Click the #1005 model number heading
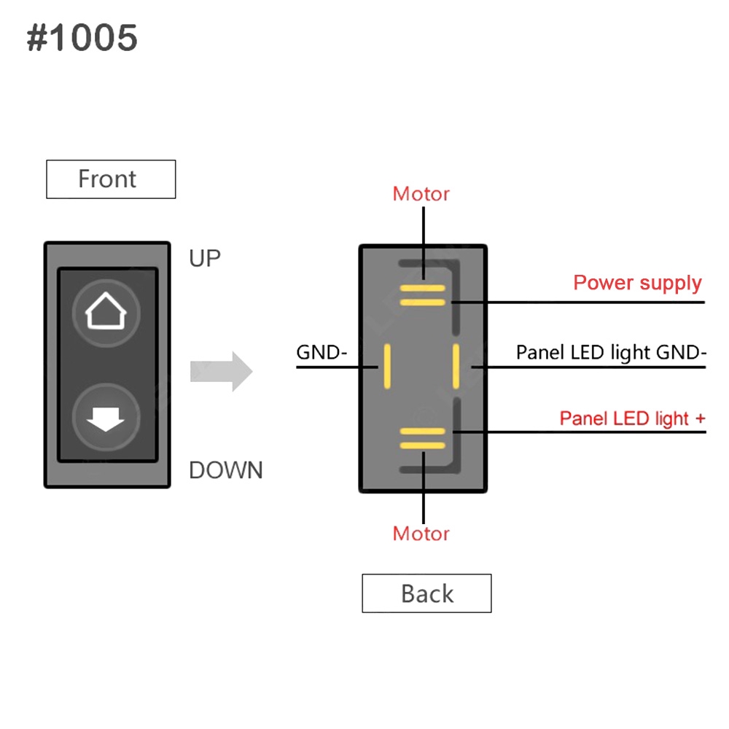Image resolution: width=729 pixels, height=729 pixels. pos(82,38)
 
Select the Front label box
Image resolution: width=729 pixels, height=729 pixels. pos(111,179)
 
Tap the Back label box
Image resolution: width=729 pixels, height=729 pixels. pos(426,593)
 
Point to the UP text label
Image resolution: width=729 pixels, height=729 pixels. pos(204,258)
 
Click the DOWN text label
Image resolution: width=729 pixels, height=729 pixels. pos(225,470)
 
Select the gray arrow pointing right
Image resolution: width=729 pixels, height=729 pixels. pos(221,372)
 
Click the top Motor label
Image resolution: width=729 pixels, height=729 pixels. pos(421,194)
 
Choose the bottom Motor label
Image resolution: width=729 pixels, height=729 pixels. pos(421,534)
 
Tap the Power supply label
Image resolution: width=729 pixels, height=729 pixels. pos(637,283)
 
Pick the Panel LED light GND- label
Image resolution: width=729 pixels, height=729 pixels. pos(611,353)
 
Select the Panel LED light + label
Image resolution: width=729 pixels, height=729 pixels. pos(632,418)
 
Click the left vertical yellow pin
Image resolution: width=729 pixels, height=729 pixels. pos(388,366)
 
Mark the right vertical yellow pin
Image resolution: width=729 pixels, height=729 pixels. pos(456,366)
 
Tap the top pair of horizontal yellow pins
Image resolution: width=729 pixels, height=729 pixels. pos(422,295)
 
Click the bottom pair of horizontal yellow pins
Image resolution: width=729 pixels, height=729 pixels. pos(422,437)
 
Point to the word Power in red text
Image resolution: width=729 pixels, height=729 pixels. pos(601,283)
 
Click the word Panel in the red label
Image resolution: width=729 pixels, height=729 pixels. pos(584,418)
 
